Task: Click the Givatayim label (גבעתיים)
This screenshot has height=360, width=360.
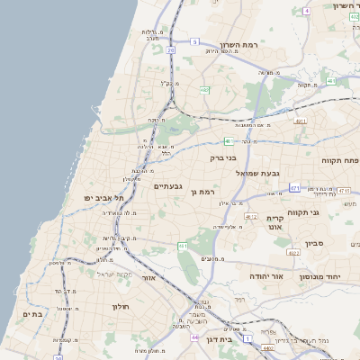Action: coord(167,186)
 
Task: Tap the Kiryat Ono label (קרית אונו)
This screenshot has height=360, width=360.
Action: coord(275,222)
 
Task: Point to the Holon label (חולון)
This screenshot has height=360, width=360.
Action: coord(121,307)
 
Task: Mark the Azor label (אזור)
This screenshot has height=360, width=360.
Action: coord(150,279)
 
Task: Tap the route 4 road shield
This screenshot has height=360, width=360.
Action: coord(306,11)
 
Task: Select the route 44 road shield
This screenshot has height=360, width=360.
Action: coord(194,337)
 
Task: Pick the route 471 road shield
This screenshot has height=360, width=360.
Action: coord(294,188)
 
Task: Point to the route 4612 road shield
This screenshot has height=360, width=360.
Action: coord(250,217)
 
